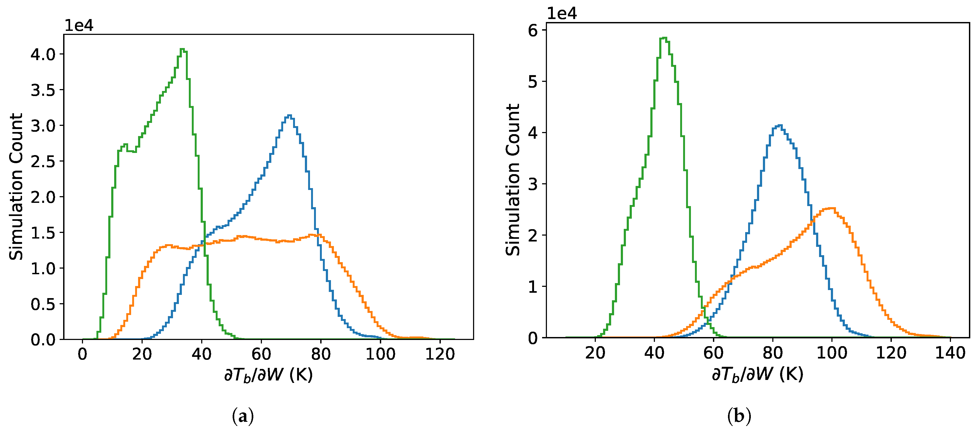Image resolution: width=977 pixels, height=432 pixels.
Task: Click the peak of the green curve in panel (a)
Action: [182, 49]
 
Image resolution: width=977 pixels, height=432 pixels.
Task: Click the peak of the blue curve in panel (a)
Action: [290, 115]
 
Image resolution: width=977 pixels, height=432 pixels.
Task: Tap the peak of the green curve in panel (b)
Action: [664, 38]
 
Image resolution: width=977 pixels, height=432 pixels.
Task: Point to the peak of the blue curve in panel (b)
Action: [779, 125]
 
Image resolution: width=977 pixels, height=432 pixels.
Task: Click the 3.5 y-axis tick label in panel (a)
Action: [43, 90]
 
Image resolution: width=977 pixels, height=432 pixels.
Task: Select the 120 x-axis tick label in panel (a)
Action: [440, 354]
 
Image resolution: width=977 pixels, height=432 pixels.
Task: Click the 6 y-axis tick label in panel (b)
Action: [533, 30]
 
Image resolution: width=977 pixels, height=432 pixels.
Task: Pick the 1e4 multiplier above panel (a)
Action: [79, 25]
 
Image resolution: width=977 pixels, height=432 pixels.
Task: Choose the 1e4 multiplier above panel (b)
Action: [562, 14]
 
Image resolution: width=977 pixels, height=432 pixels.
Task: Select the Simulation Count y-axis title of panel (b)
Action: [513, 180]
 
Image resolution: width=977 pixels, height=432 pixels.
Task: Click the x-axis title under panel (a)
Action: [269, 375]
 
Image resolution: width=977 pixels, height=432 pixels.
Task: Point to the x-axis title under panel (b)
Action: [758, 374]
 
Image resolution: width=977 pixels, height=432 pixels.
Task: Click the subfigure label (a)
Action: [243, 416]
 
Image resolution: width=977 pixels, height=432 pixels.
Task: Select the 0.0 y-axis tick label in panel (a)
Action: [43, 339]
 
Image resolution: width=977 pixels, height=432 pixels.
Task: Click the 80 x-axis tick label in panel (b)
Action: [773, 353]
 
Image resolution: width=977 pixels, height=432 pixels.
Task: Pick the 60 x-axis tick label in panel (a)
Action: [261, 354]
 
